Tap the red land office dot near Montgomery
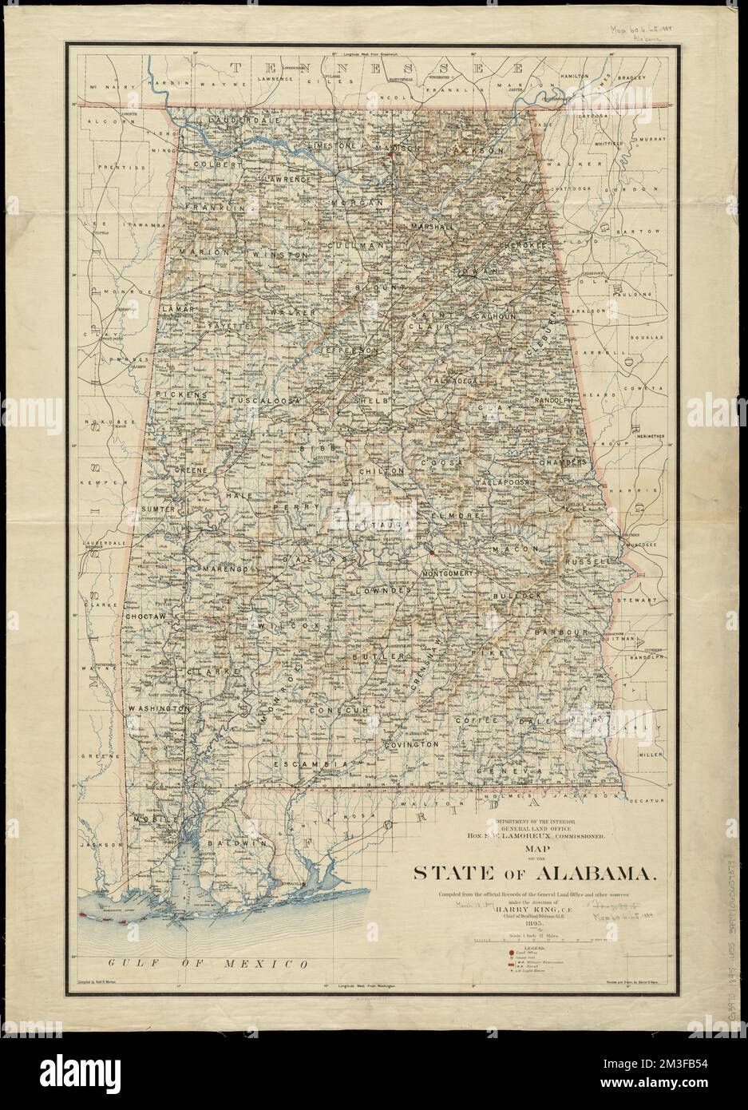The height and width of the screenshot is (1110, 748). tap(430, 552)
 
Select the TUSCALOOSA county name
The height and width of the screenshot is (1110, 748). tap(264, 398)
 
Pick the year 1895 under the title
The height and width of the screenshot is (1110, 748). tap(530, 925)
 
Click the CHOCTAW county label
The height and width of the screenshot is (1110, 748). tap(144, 617)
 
